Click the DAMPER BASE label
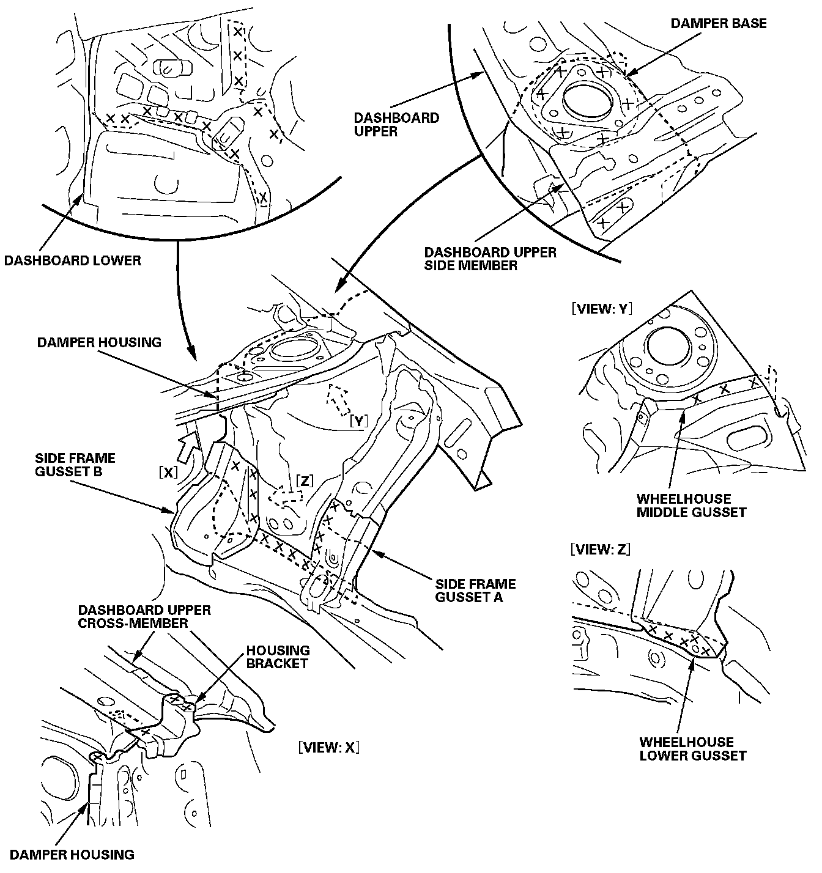coord(718,23)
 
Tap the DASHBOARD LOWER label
coord(73,260)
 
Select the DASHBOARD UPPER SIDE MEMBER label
coord(490,259)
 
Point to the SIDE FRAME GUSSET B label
coord(75,465)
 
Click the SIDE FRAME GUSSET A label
coord(475,591)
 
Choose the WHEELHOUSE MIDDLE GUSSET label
coord(691,506)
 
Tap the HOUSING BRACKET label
coord(278,657)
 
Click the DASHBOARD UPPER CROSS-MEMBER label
coord(144,616)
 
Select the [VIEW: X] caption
coord(328,747)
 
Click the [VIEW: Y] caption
coord(602,309)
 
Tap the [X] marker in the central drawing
coord(168,473)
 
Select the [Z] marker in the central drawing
coord(305,481)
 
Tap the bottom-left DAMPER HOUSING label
coord(72,855)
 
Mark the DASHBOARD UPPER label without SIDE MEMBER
coord(396,124)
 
